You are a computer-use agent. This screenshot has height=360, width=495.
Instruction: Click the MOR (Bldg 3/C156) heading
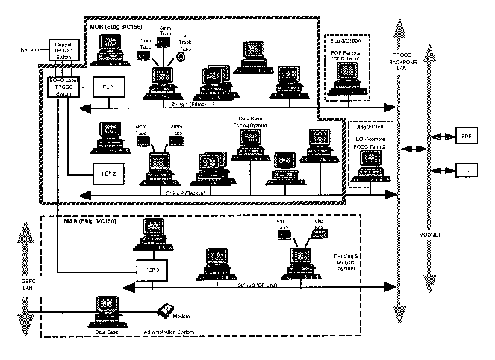point(118,28)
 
